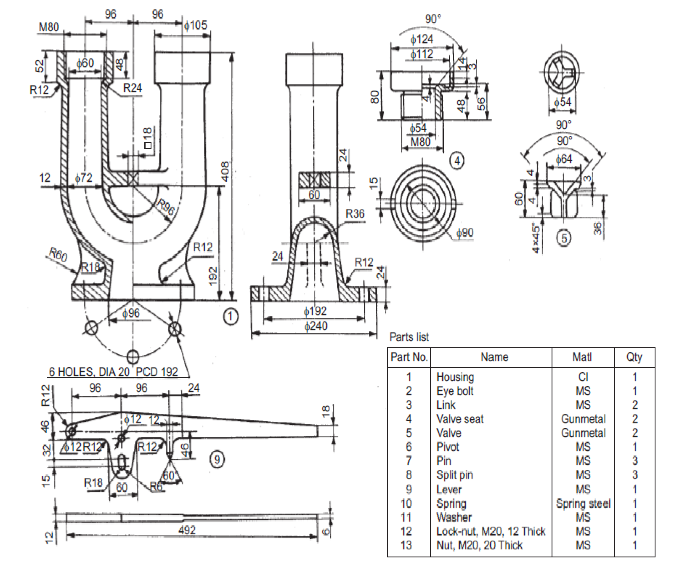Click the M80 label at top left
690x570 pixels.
(49, 27)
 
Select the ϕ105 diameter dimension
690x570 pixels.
(196, 26)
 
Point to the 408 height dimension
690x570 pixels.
(225, 171)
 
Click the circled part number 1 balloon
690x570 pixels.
(230, 317)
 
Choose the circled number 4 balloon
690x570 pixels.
(457, 160)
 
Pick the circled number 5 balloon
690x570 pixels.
(564, 238)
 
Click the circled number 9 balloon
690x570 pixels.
(217, 458)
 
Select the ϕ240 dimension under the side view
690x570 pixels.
(316, 326)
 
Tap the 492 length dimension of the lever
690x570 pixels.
(187, 530)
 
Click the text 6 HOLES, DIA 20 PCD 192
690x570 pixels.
(113, 372)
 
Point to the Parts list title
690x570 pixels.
(409, 337)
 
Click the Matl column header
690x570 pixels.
(582, 357)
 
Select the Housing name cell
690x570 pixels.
(455, 377)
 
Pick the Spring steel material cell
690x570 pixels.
(583, 503)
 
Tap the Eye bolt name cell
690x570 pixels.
(455, 391)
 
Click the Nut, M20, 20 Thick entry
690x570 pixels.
(479, 546)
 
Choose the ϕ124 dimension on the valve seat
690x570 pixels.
(422, 40)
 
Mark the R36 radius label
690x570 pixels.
(355, 214)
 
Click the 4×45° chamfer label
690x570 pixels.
(536, 238)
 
